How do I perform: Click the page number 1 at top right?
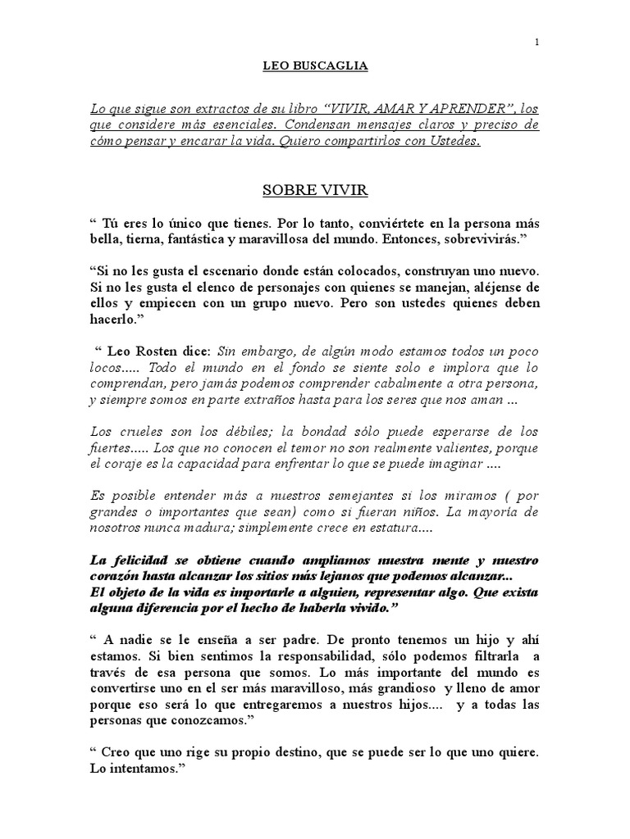pos(536,43)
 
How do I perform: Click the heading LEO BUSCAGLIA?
pos(315,66)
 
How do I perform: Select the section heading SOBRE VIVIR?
pos(315,190)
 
